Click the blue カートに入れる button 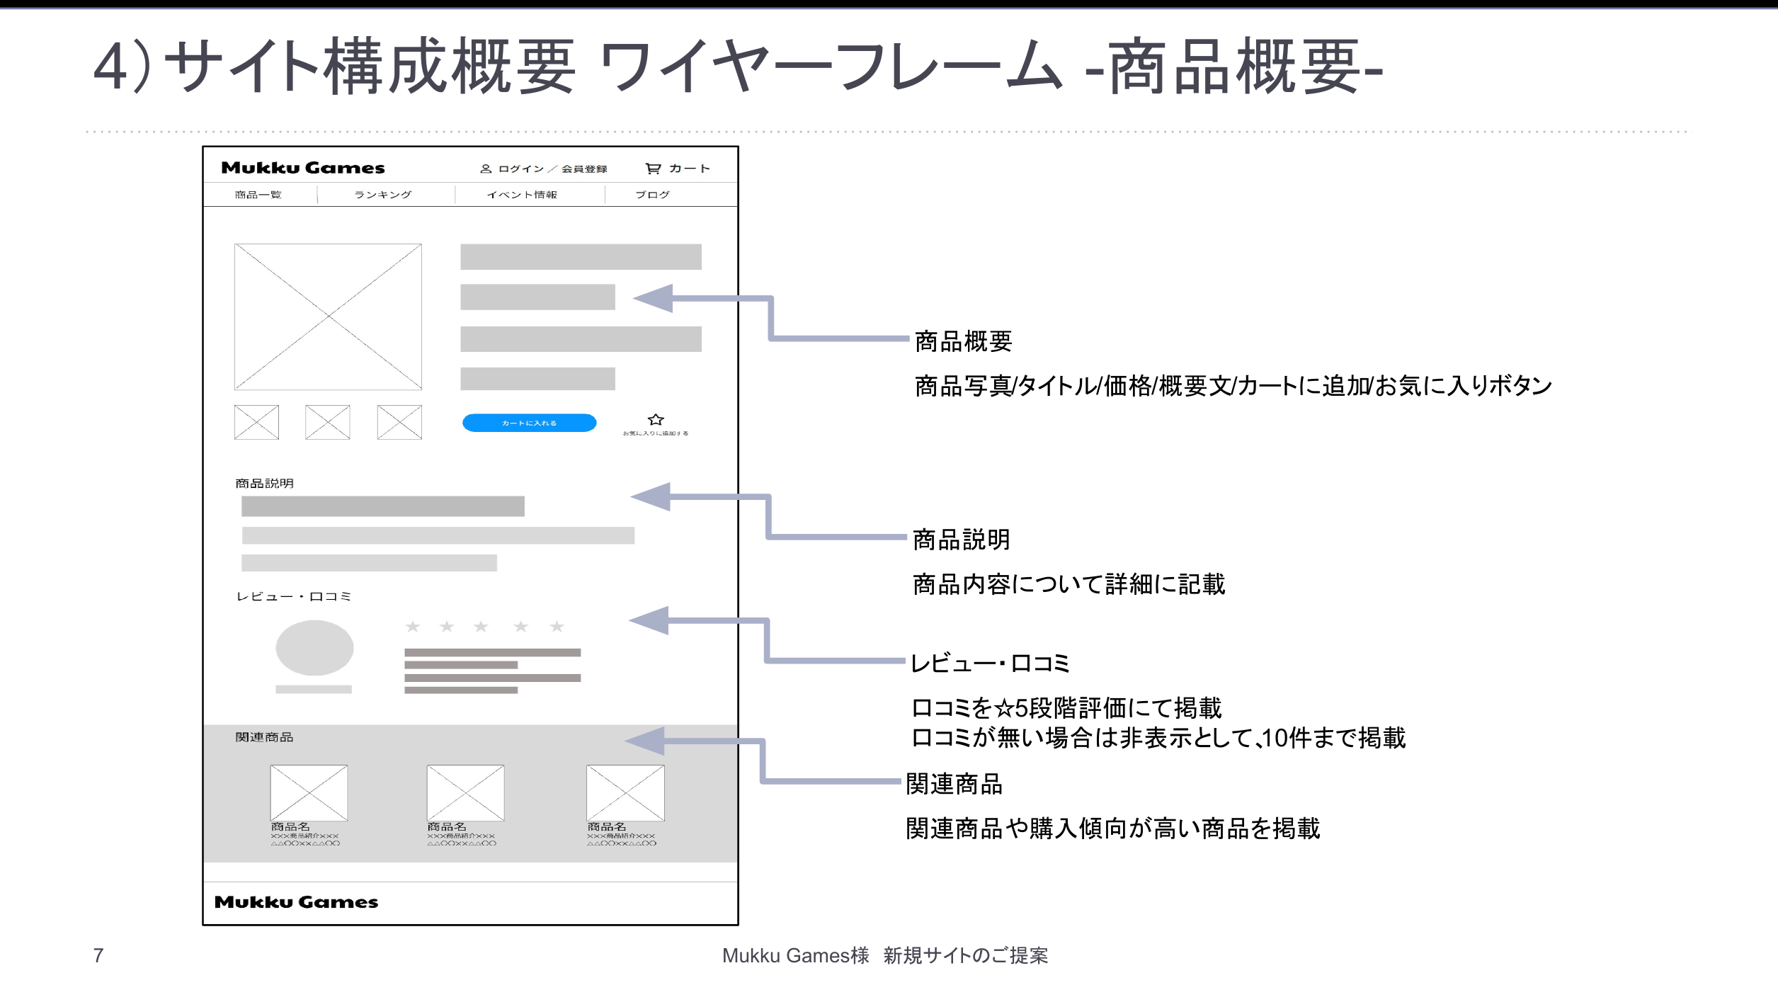[529, 423]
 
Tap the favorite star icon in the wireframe [656, 419]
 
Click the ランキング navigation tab [382, 195]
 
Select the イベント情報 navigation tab [522, 195]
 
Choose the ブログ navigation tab [652, 195]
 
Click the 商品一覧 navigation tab [258, 195]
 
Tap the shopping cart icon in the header [653, 169]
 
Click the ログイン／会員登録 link [544, 169]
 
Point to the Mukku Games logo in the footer [296, 902]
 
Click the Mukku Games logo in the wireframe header [303, 168]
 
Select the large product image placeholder [328, 317]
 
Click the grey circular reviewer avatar [314, 647]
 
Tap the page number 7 [98, 955]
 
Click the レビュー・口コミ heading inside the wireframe [293, 596]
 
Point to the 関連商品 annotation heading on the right [954, 784]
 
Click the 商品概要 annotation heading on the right [963, 341]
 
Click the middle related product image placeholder [465, 792]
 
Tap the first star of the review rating [413, 627]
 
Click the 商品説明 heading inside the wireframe [264, 483]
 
